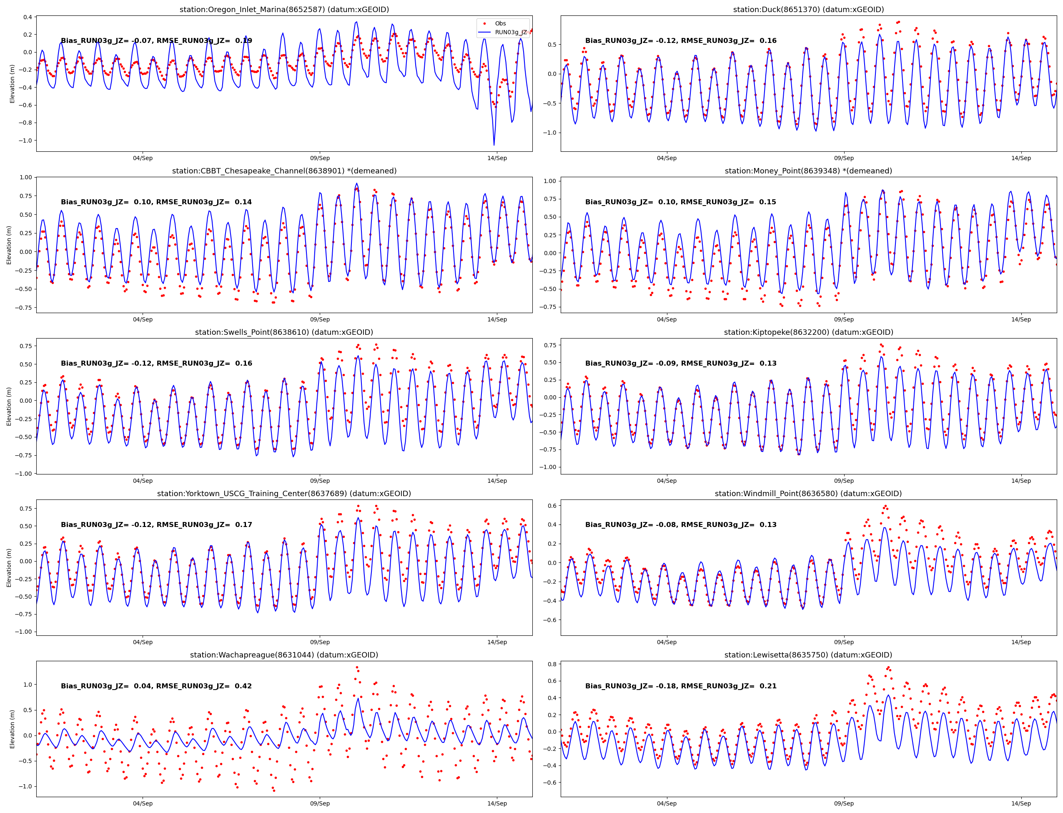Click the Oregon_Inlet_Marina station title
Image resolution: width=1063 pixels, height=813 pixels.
284,10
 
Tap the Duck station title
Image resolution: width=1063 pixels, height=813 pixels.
808,10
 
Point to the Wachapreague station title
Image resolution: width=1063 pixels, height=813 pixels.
284,655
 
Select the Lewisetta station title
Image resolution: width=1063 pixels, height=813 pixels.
808,655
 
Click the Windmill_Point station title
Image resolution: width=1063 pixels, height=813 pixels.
808,494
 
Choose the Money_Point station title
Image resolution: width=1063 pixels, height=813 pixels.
808,171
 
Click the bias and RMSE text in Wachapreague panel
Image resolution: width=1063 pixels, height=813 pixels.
156,686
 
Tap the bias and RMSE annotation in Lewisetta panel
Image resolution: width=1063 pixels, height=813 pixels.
680,686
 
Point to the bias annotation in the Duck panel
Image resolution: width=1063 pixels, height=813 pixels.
680,41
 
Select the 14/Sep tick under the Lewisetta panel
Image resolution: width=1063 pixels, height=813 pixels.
1021,803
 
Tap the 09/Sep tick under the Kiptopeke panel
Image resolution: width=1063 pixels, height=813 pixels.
844,481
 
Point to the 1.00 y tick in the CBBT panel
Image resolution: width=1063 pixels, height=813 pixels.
26,177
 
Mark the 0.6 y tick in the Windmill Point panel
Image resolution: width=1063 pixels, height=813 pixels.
551,506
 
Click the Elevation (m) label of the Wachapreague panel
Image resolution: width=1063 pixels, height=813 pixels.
12,729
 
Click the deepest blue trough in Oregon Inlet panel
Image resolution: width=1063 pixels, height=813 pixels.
494,144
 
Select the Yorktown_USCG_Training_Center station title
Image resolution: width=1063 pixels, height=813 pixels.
284,494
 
